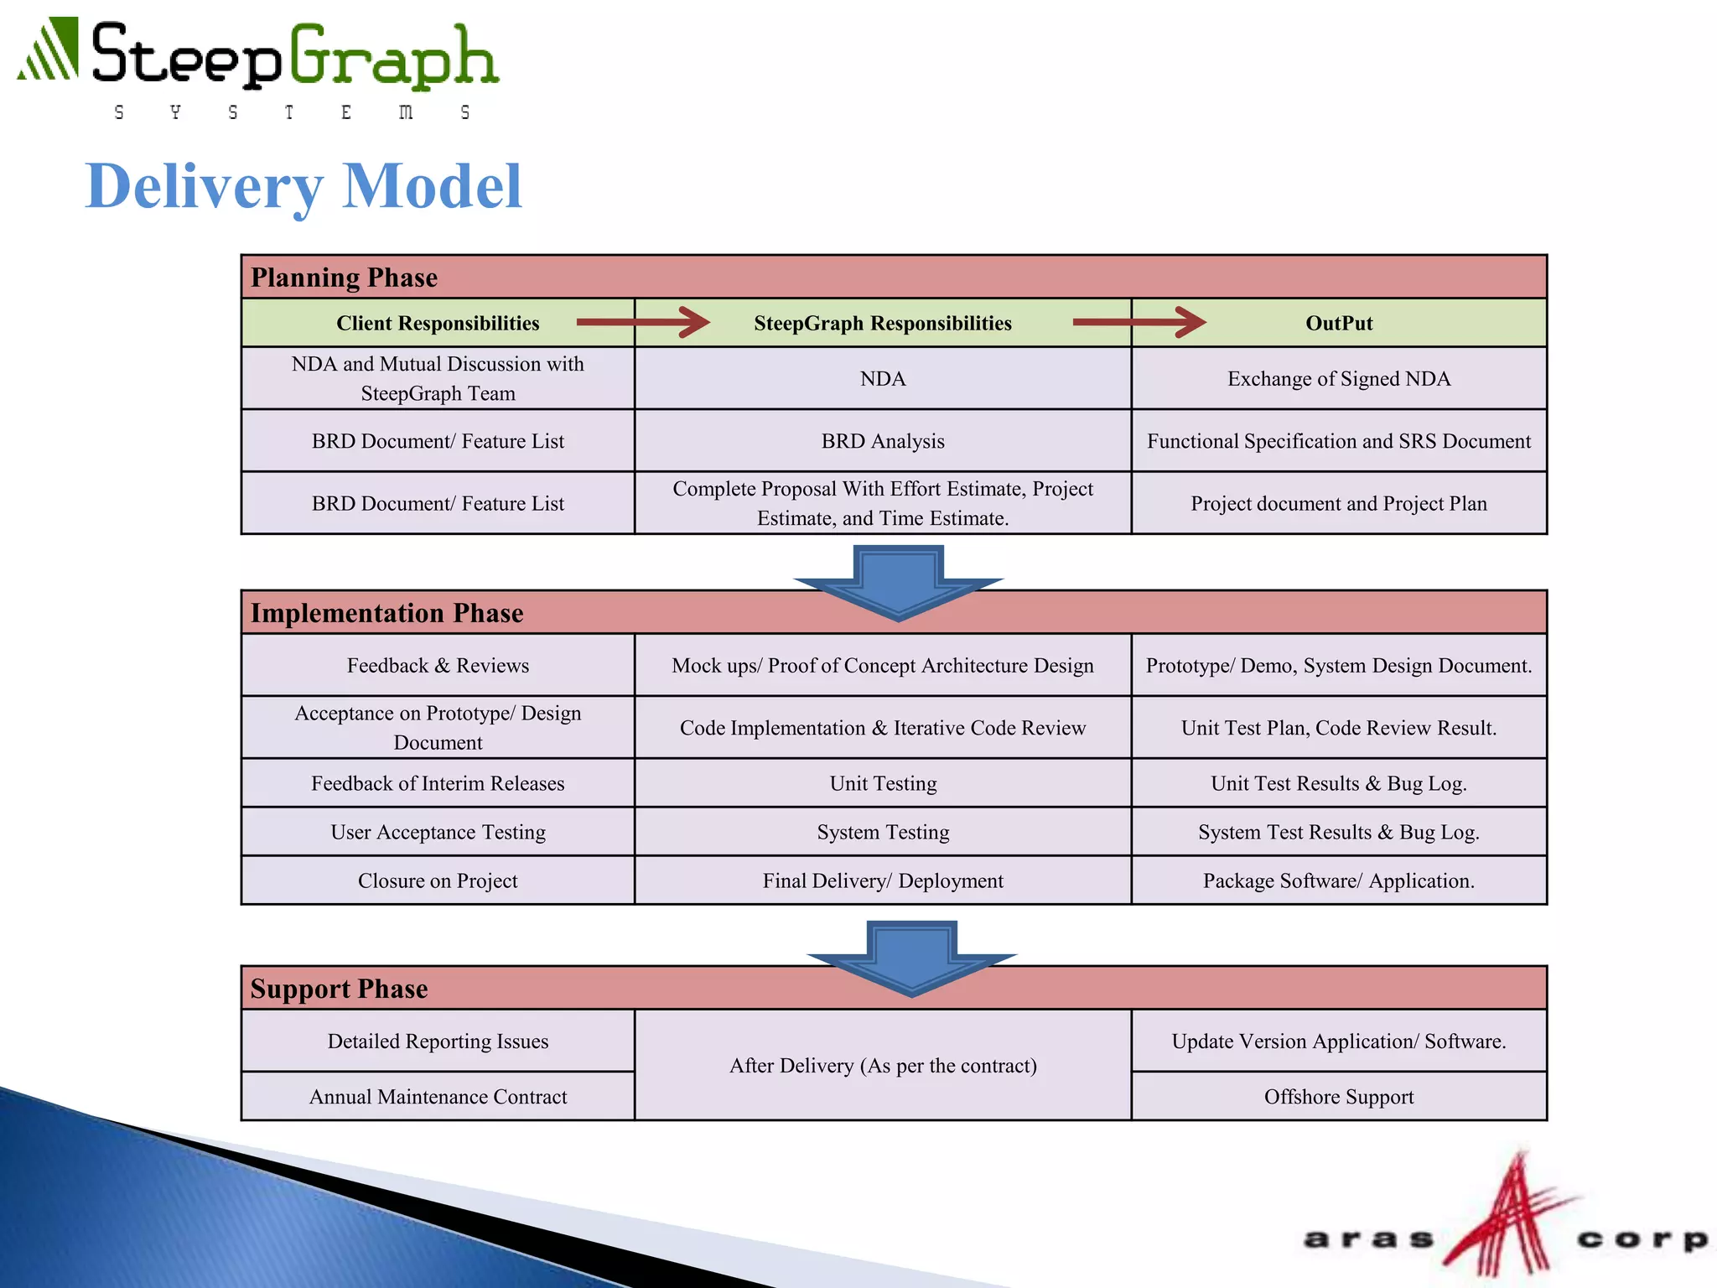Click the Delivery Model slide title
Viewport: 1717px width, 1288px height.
[x=303, y=186]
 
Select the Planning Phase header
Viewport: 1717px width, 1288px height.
[x=345, y=278]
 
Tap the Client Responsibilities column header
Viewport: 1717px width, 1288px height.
[x=438, y=324]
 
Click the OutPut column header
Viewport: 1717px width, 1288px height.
[x=1339, y=324]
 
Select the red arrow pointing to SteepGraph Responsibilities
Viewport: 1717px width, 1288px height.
[x=643, y=322]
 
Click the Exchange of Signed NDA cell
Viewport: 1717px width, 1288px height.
[x=1339, y=379]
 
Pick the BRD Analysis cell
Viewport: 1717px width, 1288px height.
[x=883, y=441]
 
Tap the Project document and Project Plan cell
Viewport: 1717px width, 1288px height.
[x=1339, y=504]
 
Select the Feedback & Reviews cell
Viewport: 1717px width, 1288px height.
[x=438, y=666]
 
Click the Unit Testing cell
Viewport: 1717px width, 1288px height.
[x=883, y=783]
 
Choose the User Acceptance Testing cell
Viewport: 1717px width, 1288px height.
[x=438, y=832]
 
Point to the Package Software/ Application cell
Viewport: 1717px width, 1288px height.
[x=1339, y=880]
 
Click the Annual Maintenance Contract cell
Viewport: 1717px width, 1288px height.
[x=438, y=1097]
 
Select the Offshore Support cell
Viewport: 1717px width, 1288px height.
[x=1339, y=1097]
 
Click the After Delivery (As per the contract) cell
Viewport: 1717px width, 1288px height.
[x=883, y=1066]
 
